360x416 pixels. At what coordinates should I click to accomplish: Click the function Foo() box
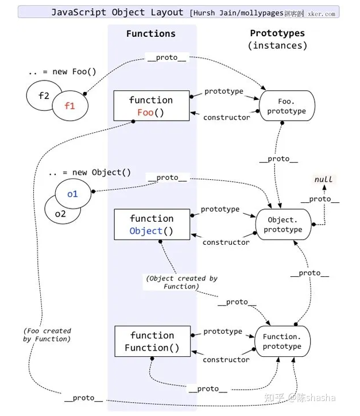[x=151, y=106]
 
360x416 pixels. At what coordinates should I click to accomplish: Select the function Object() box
[x=152, y=224]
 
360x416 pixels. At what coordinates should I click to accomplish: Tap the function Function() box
[x=152, y=341]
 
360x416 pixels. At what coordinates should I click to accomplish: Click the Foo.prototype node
[x=286, y=106]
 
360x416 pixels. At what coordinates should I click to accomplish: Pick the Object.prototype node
[x=282, y=225]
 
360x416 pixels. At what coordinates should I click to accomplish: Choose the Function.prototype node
[x=282, y=341]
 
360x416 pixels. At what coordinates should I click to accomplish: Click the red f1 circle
[x=69, y=106]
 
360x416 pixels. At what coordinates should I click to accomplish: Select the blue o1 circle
[x=72, y=194]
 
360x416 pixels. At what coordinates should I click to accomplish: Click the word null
[x=323, y=179]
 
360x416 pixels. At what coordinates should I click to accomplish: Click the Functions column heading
[x=150, y=34]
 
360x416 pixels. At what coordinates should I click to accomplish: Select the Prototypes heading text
[x=277, y=34]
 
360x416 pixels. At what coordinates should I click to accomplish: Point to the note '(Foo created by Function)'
[x=47, y=334]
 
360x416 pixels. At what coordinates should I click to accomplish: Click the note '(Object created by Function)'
[x=181, y=282]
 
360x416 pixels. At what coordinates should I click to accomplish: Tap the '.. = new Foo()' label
[x=62, y=72]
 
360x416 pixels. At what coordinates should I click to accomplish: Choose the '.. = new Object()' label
[x=89, y=172]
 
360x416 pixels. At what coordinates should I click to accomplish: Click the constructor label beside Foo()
[x=226, y=117]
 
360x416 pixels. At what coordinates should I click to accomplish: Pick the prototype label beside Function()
[x=223, y=332]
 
